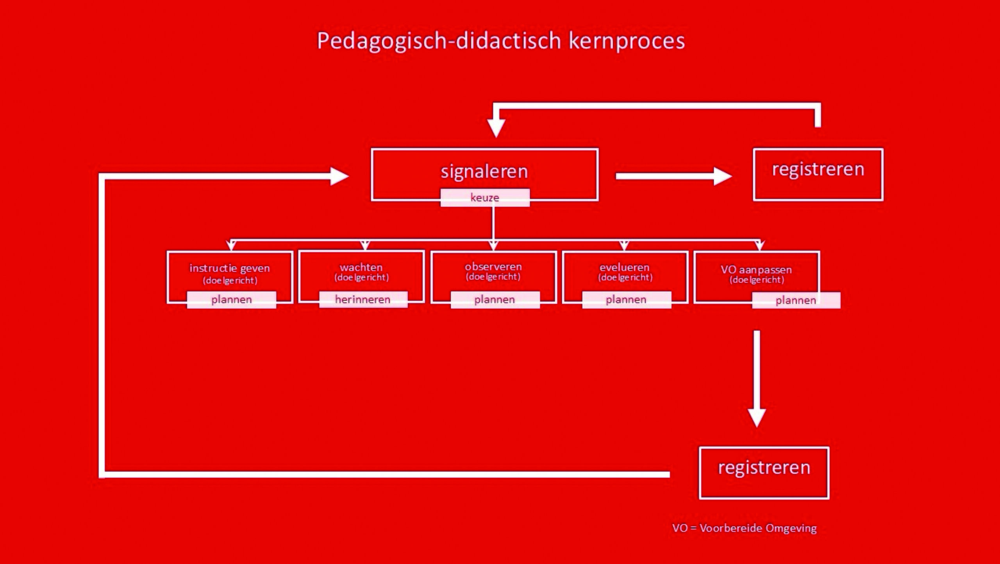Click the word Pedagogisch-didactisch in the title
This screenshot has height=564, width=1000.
(x=439, y=41)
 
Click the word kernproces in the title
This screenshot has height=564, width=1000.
(x=627, y=41)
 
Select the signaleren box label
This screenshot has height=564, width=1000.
(x=484, y=171)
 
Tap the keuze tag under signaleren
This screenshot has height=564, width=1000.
(x=485, y=198)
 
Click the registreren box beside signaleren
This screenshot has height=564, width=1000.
(x=818, y=174)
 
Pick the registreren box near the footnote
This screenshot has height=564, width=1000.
(x=764, y=473)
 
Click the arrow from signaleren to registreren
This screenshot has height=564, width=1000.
(x=674, y=176)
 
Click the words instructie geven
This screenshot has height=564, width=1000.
(x=230, y=268)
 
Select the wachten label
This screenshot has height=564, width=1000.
(x=361, y=267)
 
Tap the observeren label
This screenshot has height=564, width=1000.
(x=493, y=267)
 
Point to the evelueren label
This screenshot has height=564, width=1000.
(x=625, y=267)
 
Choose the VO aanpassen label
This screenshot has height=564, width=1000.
(x=757, y=270)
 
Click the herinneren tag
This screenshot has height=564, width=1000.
(x=363, y=299)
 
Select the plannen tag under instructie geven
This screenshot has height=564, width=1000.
(x=232, y=300)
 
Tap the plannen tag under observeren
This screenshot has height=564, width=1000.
(x=495, y=300)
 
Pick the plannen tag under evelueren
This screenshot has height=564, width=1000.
(x=627, y=300)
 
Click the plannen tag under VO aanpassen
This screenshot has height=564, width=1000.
(x=796, y=300)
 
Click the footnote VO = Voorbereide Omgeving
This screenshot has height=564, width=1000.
(x=745, y=528)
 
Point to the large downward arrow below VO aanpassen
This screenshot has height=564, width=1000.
(x=757, y=379)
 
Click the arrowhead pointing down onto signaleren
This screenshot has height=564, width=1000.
(x=496, y=128)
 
